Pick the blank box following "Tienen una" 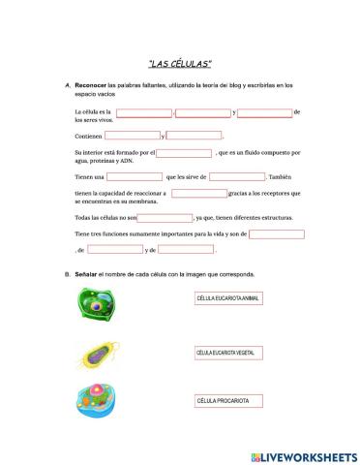pos(135,176)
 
